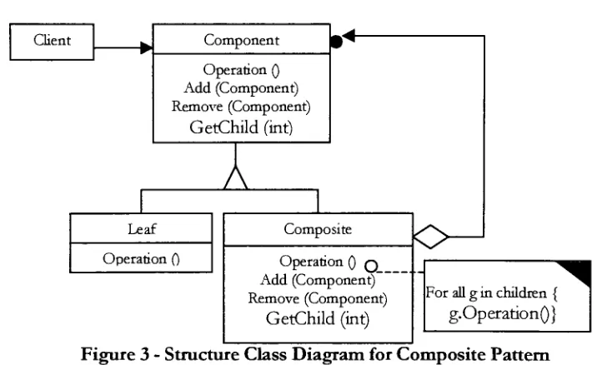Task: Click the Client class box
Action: (52, 42)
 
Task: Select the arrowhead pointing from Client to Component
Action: (147, 48)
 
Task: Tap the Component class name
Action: (242, 40)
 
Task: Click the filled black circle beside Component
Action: (336, 42)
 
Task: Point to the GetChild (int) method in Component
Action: (241, 127)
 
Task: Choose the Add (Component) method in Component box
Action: (241, 88)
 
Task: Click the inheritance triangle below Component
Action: (236, 177)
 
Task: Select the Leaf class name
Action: (142, 228)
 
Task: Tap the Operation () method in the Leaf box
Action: (141, 259)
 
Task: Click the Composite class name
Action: (318, 229)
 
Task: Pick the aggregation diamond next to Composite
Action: (430, 237)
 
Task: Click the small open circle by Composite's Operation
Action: (371, 266)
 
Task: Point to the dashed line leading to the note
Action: (400, 272)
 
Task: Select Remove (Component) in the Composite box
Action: (318, 298)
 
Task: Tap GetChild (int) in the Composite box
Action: (318, 318)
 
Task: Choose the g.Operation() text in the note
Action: (502, 314)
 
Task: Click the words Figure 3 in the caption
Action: (115, 354)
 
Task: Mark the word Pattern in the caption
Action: (524, 354)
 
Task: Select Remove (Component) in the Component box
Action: (241, 107)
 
